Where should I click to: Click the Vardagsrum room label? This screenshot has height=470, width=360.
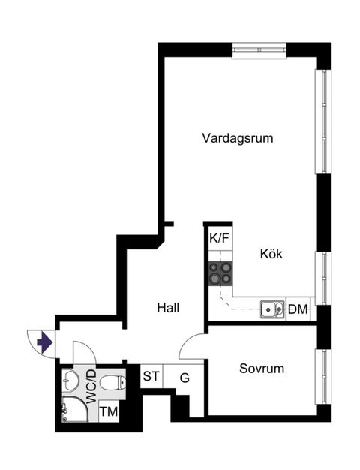point(238,138)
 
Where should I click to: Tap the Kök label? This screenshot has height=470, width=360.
point(271,254)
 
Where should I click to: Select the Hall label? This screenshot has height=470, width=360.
point(168,308)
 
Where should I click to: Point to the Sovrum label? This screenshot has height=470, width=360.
point(262,369)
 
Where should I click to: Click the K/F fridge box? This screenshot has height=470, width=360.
point(220,239)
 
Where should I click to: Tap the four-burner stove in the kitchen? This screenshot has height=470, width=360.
point(220,273)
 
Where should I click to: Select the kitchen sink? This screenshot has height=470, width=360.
point(272,309)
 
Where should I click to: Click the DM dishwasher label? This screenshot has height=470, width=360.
point(298,309)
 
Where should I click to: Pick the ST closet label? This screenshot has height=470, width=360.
point(151,376)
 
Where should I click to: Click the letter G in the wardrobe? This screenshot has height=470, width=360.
point(184,378)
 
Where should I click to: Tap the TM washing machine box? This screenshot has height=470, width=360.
point(109,411)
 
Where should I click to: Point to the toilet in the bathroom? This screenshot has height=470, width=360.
point(112,382)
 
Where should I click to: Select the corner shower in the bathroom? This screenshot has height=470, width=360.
point(75,409)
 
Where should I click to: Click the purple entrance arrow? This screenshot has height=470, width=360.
point(45,342)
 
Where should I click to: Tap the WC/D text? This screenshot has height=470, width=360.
point(91,387)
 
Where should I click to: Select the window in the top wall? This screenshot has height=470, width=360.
point(259,51)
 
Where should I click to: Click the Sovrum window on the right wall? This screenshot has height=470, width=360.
point(323,377)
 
